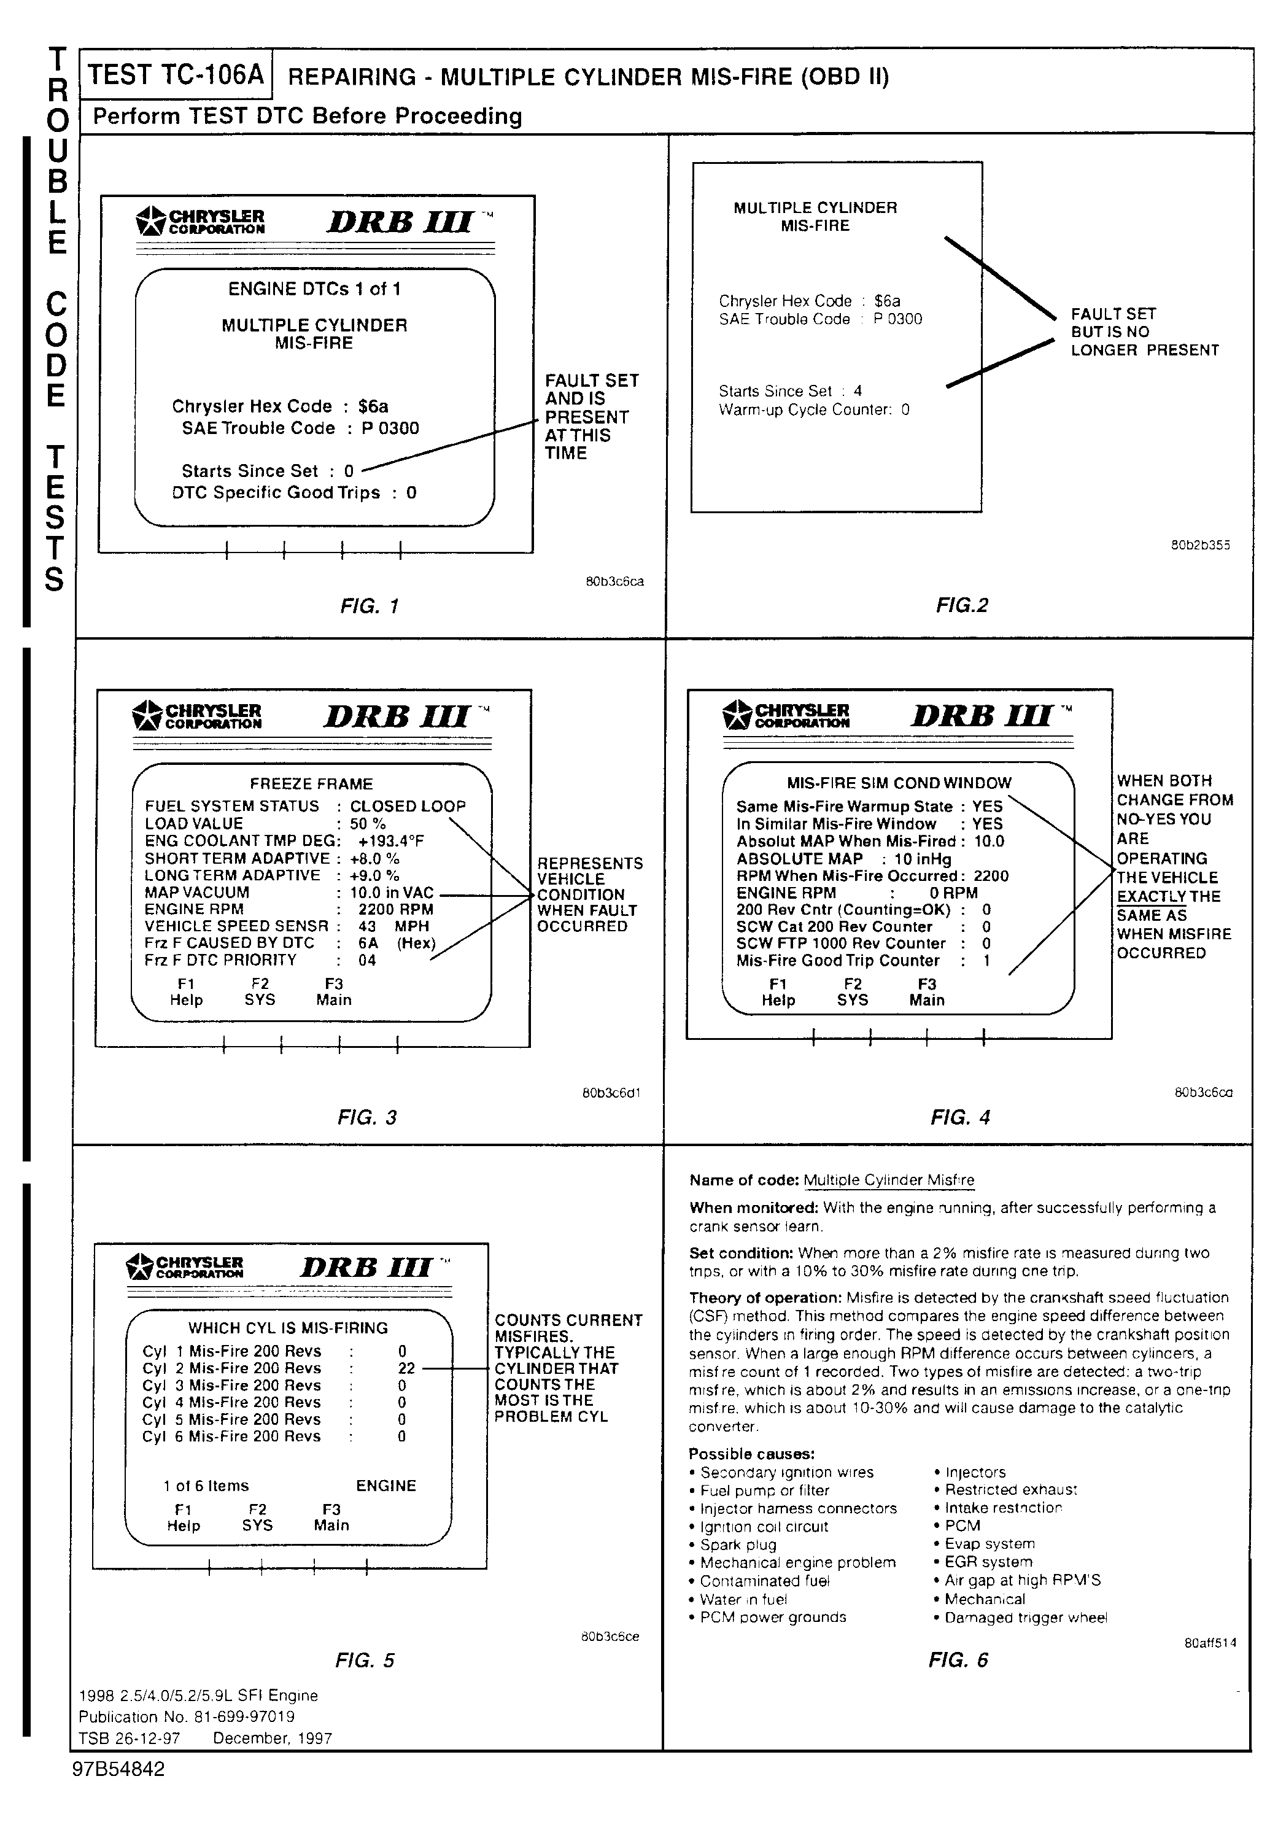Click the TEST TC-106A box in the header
click(x=176, y=75)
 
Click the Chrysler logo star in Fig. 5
click(x=139, y=1266)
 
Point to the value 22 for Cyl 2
click(x=406, y=1368)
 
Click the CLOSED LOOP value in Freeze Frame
click(x=408, y=806)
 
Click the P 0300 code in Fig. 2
click(x=898, y=319)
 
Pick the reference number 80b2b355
click(x=1200, y=545)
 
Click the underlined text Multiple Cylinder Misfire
click(x=888, y=1180)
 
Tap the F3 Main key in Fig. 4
click(x=926, y=992)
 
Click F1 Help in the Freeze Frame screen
click(x=187, y=992)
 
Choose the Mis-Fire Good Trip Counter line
click(x=863, y=961)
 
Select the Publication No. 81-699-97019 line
click(x=187, y=1716)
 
